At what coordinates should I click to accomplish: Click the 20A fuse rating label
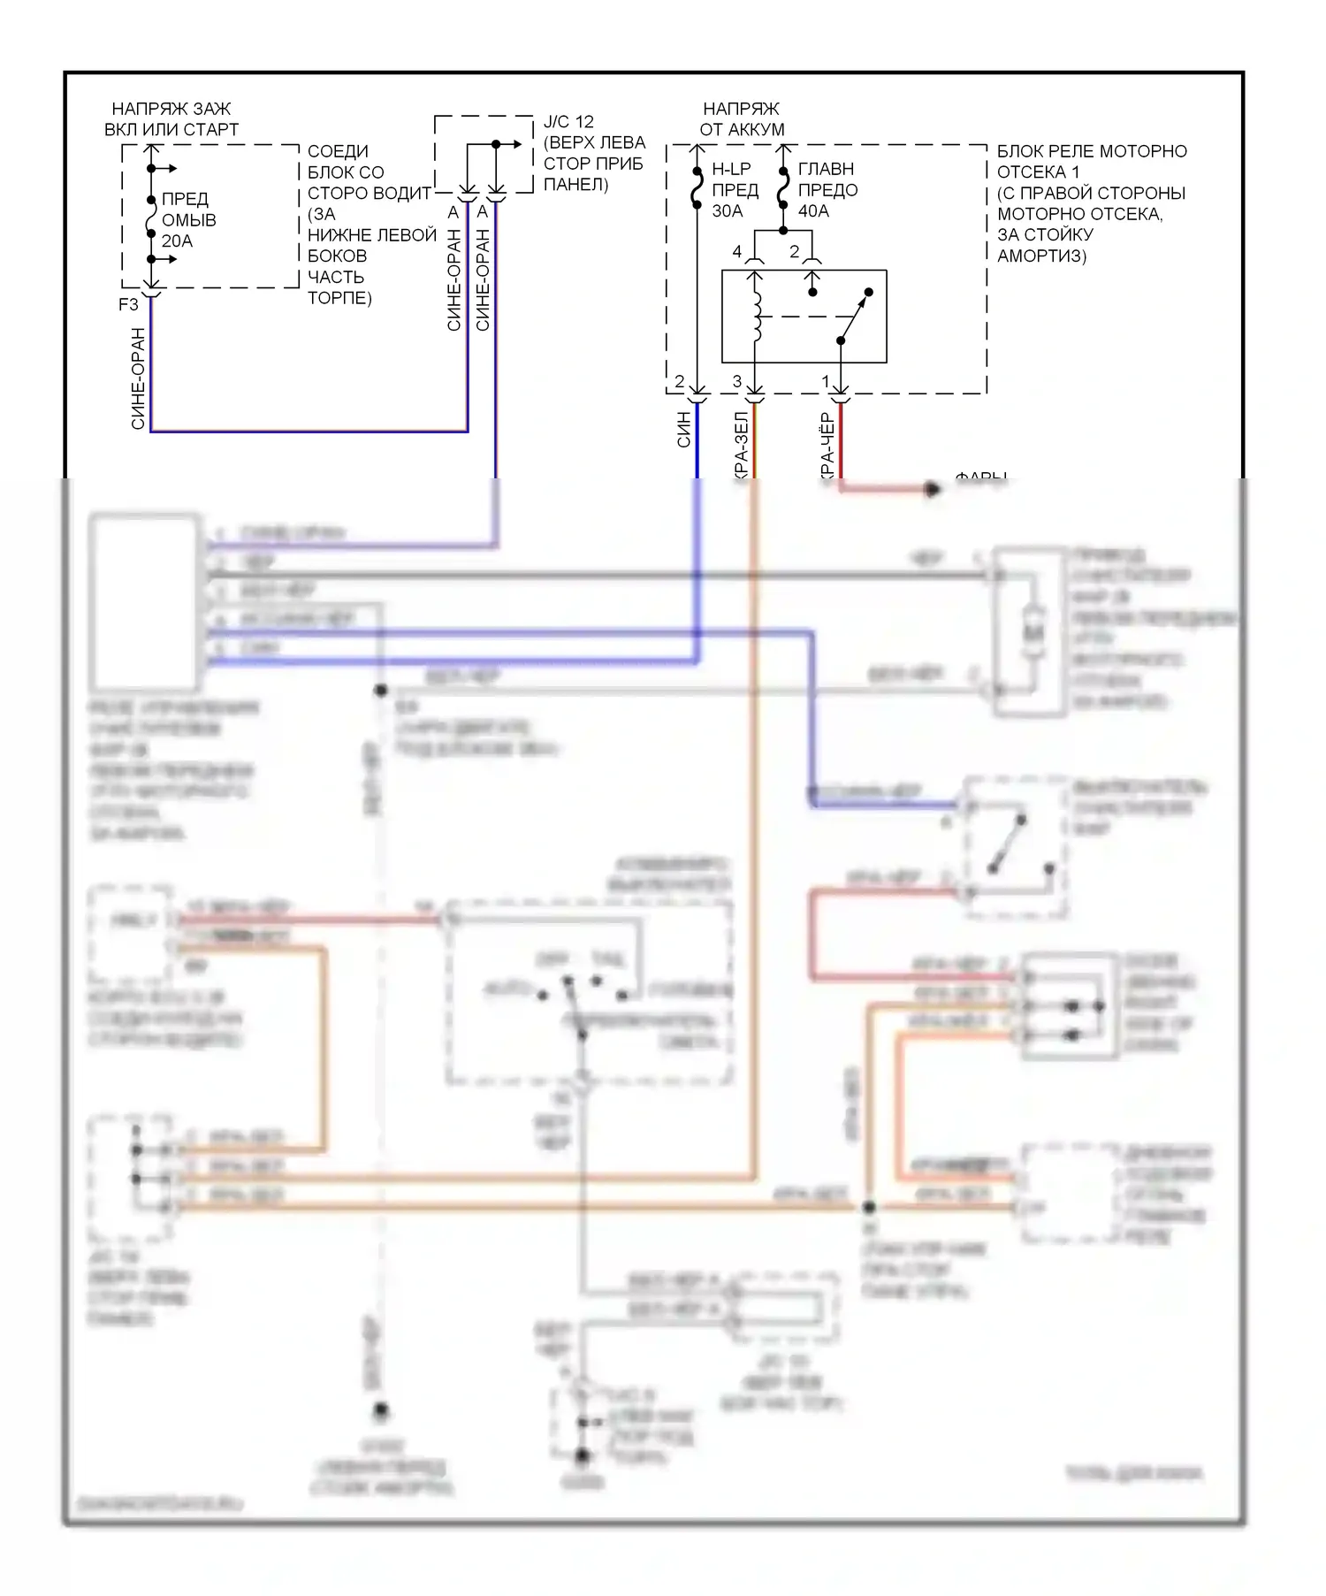point(177,241)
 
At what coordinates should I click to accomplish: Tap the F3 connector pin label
point(128,305)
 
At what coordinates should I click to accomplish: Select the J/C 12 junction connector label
point(568,122)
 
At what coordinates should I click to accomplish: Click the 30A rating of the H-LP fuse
point(728,211)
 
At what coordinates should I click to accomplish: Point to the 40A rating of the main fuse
point(813,211)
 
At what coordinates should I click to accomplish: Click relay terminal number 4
point(737,252)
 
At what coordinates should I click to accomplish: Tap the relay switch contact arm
point(854,318)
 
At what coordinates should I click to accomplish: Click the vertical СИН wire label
point(684,430)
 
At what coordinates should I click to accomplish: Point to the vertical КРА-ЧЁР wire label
point(827,447)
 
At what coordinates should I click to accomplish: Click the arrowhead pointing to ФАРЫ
point(933,489)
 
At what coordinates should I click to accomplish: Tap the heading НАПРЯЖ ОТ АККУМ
point(742,119)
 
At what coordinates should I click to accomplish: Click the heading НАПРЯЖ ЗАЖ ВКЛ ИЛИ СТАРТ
point(171,119)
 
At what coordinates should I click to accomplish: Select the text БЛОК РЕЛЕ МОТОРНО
point(1092,151)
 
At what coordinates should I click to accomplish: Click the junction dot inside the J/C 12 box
point(496,144)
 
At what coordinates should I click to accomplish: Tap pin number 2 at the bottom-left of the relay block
point(679,382)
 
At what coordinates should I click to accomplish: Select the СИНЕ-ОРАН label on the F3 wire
point(138,378)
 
